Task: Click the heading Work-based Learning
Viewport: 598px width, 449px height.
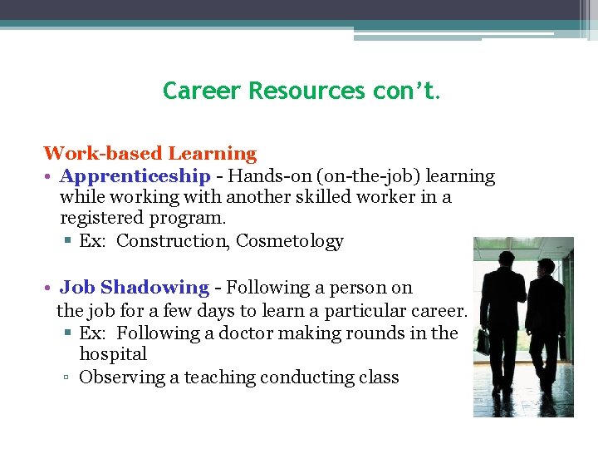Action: click(150, 153)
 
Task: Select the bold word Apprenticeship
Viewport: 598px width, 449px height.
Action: click(135, 176)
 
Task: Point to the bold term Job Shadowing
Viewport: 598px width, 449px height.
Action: click(135, 288)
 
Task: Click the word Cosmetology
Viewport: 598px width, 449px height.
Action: click(290, 241)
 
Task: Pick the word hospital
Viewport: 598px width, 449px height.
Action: click(113, 353)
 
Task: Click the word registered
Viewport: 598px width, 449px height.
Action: click(101, 219)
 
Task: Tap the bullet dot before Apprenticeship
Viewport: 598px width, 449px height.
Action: click(50, 177)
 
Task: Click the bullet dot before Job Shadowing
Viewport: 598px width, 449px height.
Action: click(50, 289)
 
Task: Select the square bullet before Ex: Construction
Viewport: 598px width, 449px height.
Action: click(68, 242)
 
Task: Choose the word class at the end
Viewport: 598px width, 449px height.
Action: click(379, 377)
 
